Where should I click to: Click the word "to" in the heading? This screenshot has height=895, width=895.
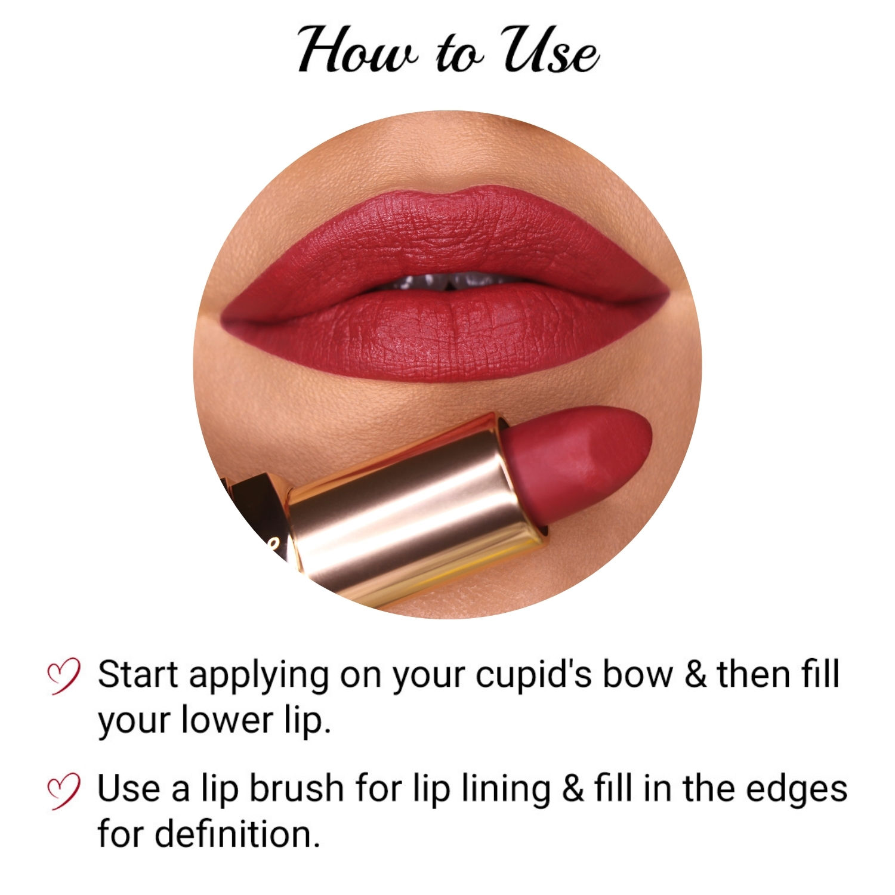point(459,55)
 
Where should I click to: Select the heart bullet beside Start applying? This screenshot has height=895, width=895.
point(63,676)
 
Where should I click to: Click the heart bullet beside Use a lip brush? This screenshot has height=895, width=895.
point(63,791)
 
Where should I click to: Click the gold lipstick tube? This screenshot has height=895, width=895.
point(412,513)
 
